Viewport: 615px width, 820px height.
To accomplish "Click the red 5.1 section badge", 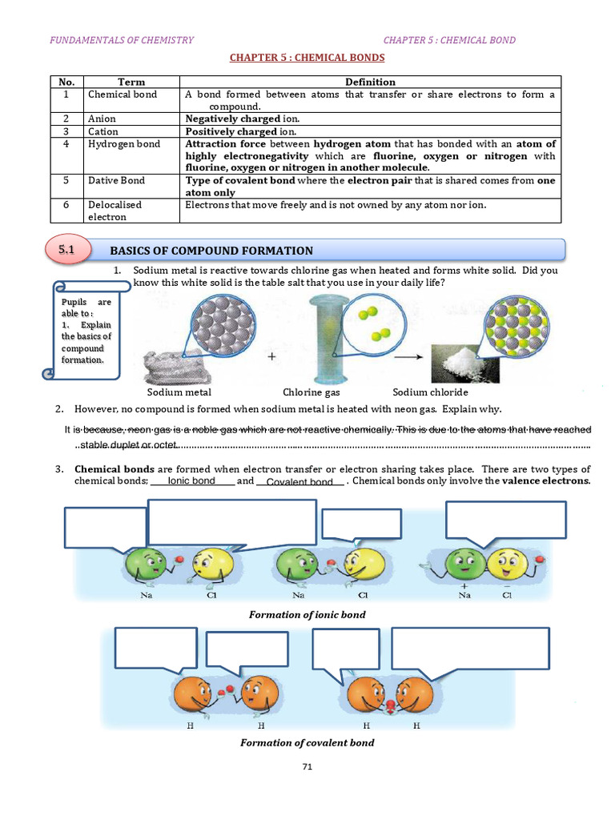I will click(66, 250).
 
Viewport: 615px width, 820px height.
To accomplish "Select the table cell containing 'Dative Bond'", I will click(116, 181).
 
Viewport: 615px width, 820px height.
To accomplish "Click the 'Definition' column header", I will click(370, 82).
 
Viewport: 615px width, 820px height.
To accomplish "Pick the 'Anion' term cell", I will click(102, 119).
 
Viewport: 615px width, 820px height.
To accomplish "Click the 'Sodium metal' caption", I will click(179, 392).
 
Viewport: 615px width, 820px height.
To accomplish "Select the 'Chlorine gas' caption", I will click(312, 392).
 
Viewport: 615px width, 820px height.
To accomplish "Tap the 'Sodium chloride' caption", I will click(430, 392).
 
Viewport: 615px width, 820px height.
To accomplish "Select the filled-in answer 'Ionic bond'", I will click(191, 480).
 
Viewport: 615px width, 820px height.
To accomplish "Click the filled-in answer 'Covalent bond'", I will click(299, 482).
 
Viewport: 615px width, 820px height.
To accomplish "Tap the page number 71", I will click(307, 767).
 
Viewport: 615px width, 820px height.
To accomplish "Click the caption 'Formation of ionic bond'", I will click(307, 614).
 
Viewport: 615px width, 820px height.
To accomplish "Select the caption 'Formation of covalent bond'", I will click(307, 742).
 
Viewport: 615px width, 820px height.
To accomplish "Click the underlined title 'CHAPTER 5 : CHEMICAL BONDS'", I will click(307, 58).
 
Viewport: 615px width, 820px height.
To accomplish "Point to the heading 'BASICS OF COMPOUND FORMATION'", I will click(211, 251).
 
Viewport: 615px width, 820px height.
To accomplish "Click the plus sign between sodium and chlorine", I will click(271, 359).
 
